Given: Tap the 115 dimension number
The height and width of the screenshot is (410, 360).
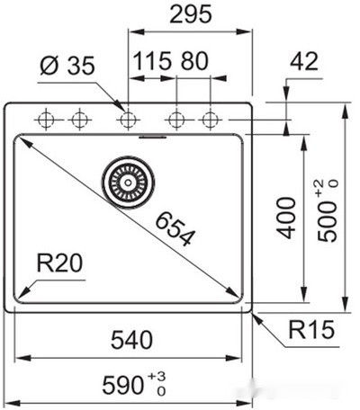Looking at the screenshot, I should tap(153, 62).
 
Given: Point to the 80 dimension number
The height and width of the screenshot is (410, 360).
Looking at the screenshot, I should tap(194, 62).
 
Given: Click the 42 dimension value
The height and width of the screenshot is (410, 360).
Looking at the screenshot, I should tap(306, 62).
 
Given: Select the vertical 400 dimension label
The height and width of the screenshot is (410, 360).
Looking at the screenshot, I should tap(286, 217).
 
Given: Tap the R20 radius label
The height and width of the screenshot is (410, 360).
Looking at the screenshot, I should tap(60, 263).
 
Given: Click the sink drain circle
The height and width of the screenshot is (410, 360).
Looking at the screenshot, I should tap(126, 180).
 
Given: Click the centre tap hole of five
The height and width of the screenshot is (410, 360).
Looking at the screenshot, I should tap(128, 119).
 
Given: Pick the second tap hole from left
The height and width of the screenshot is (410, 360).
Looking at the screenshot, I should tap(80, 119).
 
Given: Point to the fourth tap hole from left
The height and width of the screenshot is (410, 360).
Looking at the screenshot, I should tap(176, 119).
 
